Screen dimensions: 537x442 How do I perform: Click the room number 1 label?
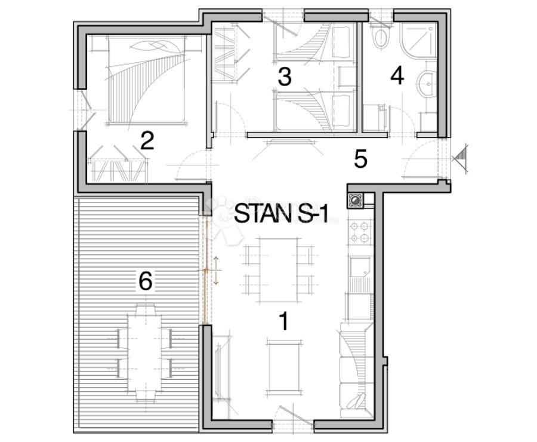(284, 321)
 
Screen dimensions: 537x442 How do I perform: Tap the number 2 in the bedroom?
(147, 140)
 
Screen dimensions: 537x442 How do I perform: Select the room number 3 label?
(285, 77)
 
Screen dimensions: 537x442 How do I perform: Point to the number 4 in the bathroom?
(397, 76)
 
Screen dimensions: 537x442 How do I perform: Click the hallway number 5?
(360, 159)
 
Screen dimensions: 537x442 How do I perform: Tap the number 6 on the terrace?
(146, 281)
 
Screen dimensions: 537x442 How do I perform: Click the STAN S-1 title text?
(281, 214)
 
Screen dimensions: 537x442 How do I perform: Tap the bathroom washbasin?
(427, 82)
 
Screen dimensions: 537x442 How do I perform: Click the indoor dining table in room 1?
(277, 271)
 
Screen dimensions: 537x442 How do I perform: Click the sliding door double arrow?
(217, 270)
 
